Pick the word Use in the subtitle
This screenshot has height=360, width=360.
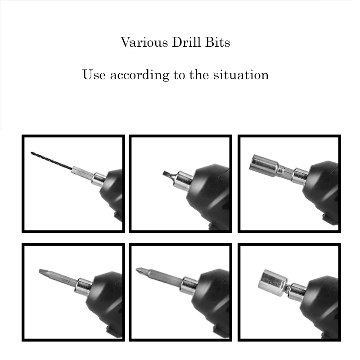[94, 74]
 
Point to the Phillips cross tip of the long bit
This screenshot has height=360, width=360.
[141, 271]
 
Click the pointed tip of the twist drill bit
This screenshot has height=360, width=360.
[32, 153]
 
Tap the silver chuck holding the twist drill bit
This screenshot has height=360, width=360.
[99, 179]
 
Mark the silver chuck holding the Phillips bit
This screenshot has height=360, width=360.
[189, 285]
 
